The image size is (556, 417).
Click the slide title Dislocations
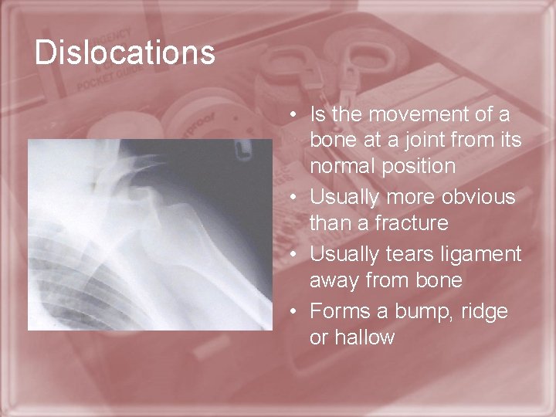(124, 53)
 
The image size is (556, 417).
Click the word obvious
(478, 197)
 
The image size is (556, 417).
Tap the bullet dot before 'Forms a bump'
(296, 312)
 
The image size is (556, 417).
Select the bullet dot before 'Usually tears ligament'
(296, 255)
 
